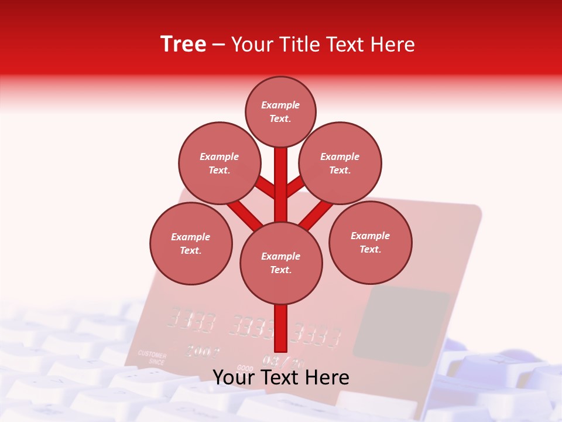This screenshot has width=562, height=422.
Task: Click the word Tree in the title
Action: (x=183, y=45)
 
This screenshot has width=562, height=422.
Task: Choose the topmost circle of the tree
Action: (x=280, y=111)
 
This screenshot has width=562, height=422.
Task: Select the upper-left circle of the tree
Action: (x=219, y=163)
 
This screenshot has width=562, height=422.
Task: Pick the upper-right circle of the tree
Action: (x=340, y=163)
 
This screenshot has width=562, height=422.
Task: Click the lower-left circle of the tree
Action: (x=191, y=243)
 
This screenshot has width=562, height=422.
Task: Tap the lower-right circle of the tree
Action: (x=370, y=242)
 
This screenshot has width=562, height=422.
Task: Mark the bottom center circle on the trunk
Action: (x=281, y=263)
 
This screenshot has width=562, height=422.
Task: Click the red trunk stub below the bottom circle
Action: (x=281, y=328)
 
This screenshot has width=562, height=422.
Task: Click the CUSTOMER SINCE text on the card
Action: (x=152, y=358)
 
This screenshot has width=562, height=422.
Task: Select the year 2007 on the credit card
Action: (x=203, y=352)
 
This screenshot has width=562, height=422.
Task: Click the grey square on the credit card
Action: (x=401, y=322)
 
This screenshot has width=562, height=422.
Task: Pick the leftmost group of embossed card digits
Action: (x=191, y=320)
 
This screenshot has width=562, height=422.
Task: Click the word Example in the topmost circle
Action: (x=280, y=105)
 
